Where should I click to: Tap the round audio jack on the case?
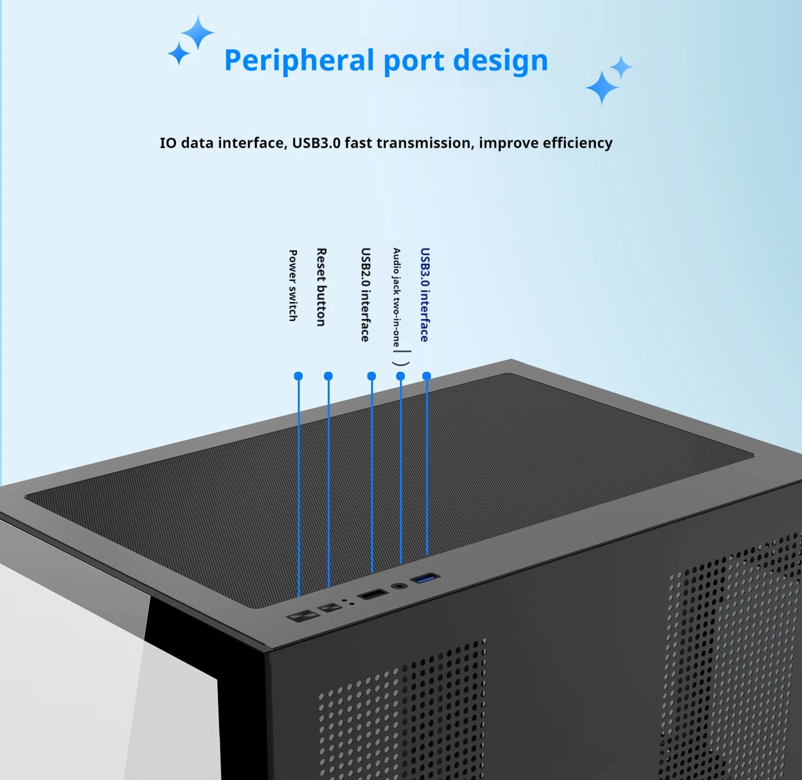pos(398,586)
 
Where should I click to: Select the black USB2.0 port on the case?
pos(373,594)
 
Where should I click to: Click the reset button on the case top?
pos(330,608)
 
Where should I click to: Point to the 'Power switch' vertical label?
pos(293,285)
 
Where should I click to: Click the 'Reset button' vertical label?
pos(321,287)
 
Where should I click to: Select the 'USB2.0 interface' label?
pos(365,294)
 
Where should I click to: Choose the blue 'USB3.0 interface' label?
pos(425,294)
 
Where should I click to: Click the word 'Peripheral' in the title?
pos(298,60)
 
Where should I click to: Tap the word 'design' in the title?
pos(500,60)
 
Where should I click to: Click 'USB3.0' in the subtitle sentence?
pos(316,143)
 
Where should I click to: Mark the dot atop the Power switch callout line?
pos(298,376)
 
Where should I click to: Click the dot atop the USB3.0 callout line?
pos(427,376)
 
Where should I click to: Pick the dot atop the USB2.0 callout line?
pos(372,376)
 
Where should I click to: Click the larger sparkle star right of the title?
pos(602,87)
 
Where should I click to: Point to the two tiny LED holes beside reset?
pos(349,601)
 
